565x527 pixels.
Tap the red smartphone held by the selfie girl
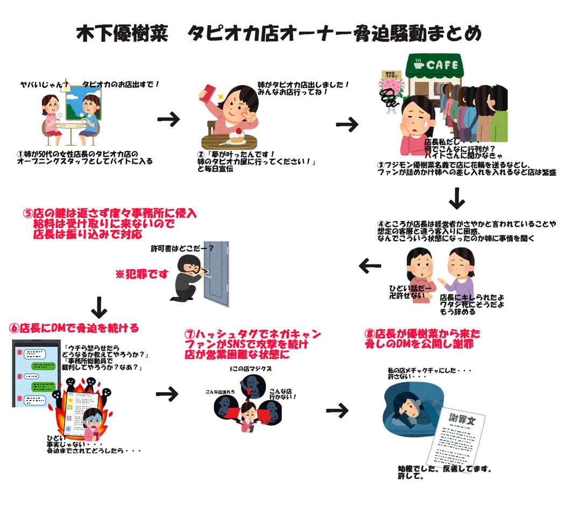point(209,93)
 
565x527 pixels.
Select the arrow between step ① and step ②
point(168,119)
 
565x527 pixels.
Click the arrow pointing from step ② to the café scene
point(347,125)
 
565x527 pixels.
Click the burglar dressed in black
point(186,277)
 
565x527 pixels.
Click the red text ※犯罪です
point(142,274)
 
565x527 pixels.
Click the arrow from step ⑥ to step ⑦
point(167,394)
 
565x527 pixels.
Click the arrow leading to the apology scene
point(337,411)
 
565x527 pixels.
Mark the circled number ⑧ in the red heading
point(369,333)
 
